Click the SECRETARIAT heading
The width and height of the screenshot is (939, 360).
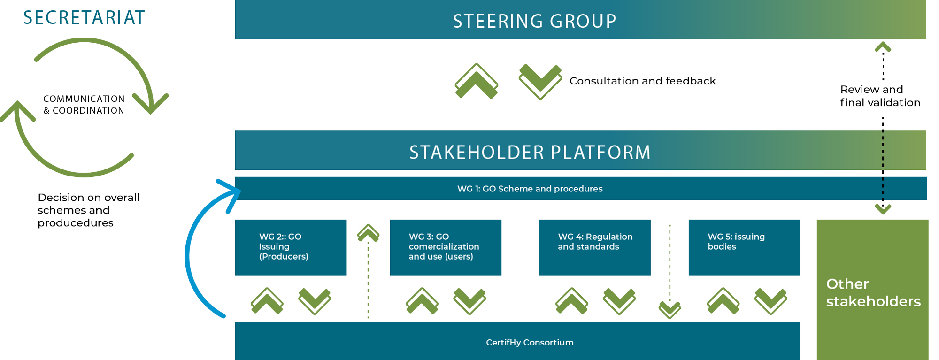(x=84, y=18)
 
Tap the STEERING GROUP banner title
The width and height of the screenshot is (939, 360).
(x=535, y=21)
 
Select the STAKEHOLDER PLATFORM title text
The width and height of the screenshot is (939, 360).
(x=530, y=153)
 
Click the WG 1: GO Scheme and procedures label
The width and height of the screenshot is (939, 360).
(x=530, y=189)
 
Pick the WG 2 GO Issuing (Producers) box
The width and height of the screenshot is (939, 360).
(x=291, y=247)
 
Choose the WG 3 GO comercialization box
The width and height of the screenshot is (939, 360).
(x=446, y=247)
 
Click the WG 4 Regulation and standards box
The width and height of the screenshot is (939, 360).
(x=595, y=247)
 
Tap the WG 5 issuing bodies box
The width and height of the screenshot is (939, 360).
(x=744, y=247)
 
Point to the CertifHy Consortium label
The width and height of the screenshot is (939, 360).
(x=530, y=343)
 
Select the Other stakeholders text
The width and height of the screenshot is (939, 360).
(x=873, y=292)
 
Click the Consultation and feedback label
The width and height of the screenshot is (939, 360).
(x=642, y=81)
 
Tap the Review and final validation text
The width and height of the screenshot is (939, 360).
(x=880, y=96)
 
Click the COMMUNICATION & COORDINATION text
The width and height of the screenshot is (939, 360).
(x=84, y=105)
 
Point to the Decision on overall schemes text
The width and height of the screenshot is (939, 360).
(x=89, y=210)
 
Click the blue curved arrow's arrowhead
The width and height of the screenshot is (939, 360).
(x=231, y=194)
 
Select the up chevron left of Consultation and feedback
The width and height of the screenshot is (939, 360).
(x=476, y=81)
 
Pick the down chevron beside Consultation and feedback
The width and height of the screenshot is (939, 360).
(x=540, y=81)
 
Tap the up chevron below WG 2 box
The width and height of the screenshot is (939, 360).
(x=267, y=301)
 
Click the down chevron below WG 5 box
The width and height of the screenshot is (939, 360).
(x=771, y=301)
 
